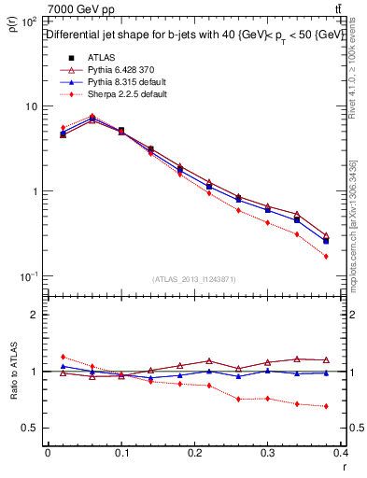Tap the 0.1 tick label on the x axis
121,452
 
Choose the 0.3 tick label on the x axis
268,452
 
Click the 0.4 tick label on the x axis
340,452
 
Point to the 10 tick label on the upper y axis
31,106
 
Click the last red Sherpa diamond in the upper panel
326,256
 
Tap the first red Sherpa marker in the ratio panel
63,357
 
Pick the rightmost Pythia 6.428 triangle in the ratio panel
326,359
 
